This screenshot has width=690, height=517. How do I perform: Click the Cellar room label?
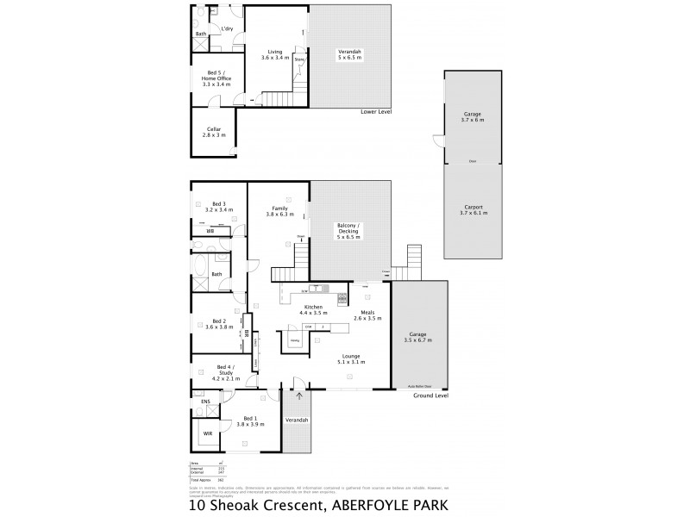(214, 132)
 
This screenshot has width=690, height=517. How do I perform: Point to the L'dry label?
(228, 29)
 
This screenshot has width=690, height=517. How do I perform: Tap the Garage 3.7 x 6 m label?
(472, 116)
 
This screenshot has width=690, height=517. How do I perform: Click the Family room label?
(279, 211)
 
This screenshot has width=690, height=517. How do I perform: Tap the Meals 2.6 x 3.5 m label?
(368, 316)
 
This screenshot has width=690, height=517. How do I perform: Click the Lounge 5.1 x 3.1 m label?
(350, 359)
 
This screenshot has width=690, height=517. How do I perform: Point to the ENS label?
(206, 402)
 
